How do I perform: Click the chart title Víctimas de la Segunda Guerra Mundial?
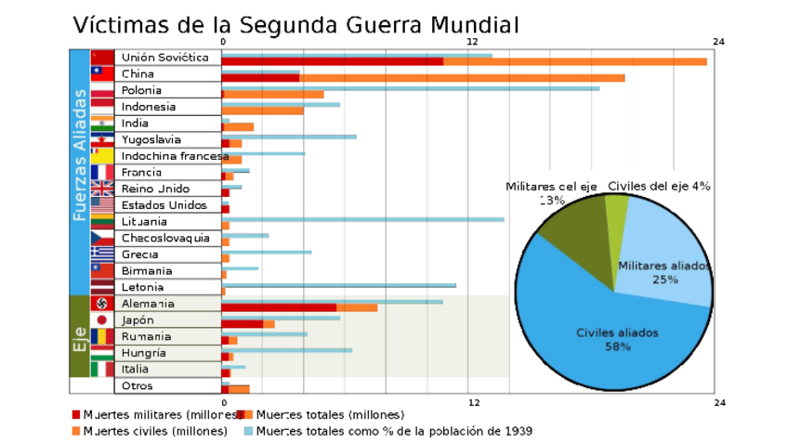click(x=295, y=24)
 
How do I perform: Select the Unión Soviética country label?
click(x=164, y=58)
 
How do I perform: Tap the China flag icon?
click(x=102, y=74)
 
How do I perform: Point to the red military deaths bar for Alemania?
click(x=279, y=307)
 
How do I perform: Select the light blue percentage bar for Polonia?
click(x=410, y=88)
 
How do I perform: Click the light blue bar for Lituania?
click(x=362, y=219)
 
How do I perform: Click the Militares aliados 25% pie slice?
click(x=664, y=269)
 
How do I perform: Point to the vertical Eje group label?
click(x=80, y=336)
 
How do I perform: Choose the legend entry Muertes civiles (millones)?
click(x=149, y=431)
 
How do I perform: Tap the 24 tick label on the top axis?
click(x=718, y=41)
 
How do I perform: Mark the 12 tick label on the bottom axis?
click(x=473, y=402)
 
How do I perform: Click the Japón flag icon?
click(x=102, y=320)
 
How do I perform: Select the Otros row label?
click(x=137, y=385)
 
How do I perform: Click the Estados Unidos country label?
click(x=164, y=205)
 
